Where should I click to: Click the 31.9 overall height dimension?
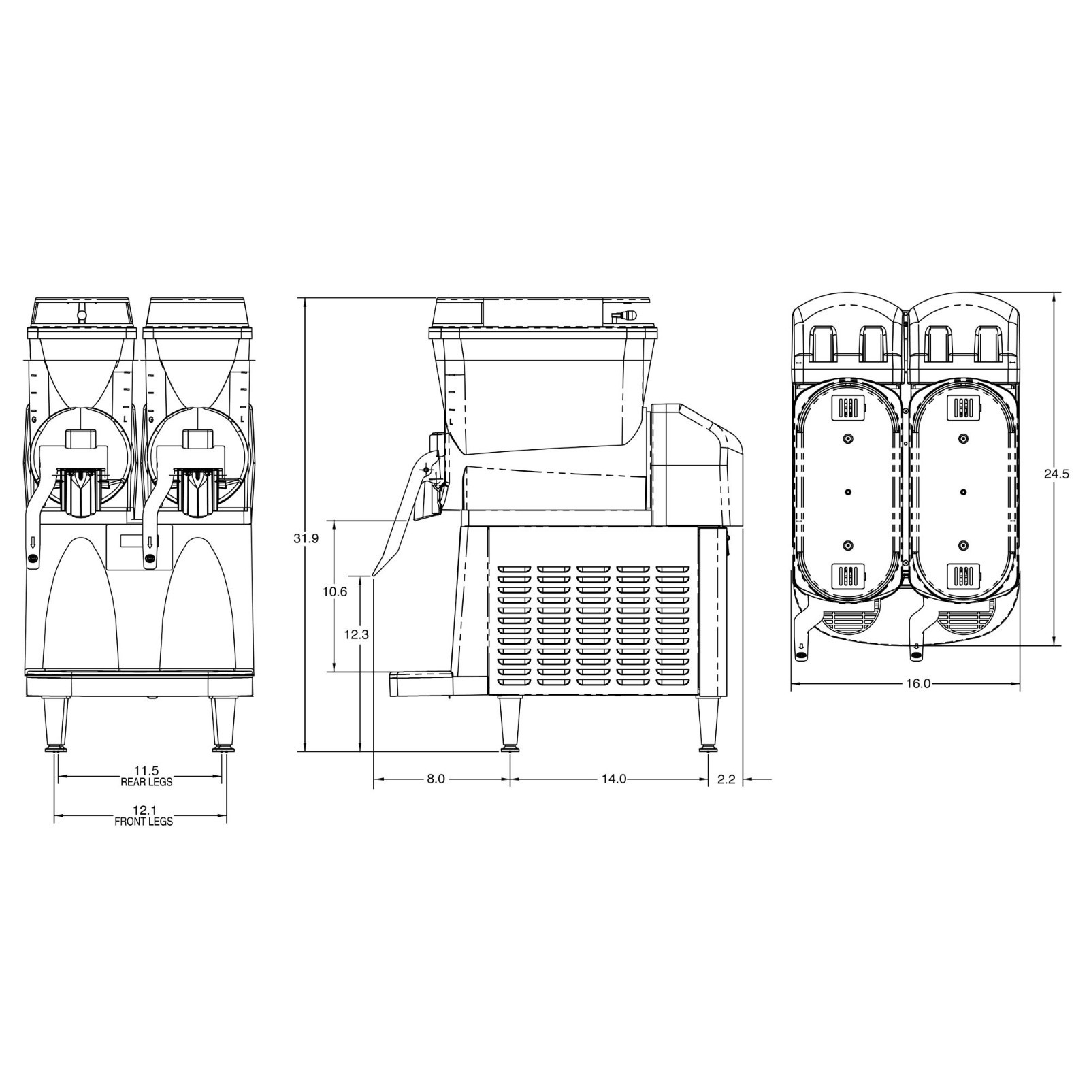click(306, 538)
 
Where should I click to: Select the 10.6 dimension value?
click(334, 591)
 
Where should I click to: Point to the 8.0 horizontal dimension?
click(436, 779)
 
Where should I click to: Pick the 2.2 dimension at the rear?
click(726, 779)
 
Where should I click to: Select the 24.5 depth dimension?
click(1056, 474)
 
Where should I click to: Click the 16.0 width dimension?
click(917, 683)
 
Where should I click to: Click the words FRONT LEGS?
click(144, 822)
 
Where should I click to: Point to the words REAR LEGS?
click(146, 782)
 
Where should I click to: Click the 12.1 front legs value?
click(144, 811)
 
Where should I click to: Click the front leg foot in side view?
click(508, 750)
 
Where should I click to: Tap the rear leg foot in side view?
click(708, 750)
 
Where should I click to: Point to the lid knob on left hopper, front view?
click(82, 315)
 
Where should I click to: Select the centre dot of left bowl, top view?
click(848, 491)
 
